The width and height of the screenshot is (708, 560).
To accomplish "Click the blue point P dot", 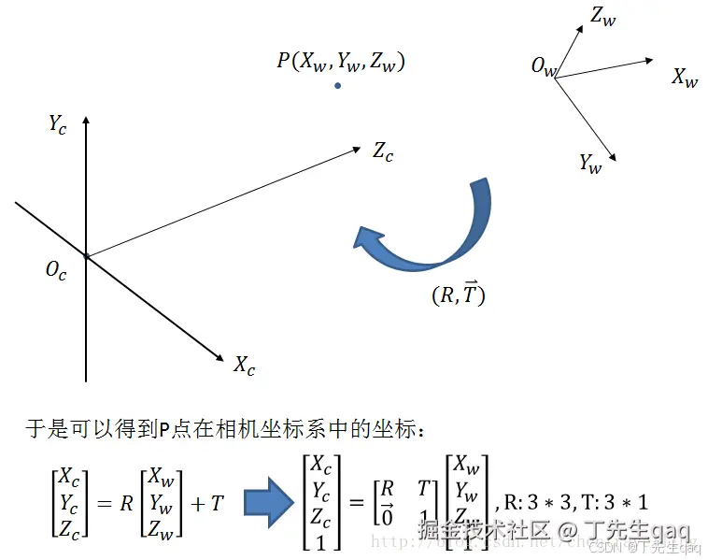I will click(338, 86).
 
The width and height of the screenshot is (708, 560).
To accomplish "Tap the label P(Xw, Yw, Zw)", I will click(340, 62).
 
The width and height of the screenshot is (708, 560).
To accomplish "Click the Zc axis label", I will click(383, 151).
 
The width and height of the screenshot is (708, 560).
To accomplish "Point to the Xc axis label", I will click(245, 365).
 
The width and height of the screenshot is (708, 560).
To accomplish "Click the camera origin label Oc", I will click(56, 271).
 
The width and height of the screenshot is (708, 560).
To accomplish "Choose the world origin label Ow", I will click(544, 66).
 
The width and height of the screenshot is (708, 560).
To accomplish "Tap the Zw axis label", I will click(603, 16).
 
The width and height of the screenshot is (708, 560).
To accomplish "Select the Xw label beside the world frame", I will click(685, 78).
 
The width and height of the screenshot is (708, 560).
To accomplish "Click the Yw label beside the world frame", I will click(590, 164).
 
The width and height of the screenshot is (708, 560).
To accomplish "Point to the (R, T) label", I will click(459, 294).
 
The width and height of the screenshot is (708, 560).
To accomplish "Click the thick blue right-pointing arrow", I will click(272, 502).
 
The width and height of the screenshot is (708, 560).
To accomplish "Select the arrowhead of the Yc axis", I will click(86, 121).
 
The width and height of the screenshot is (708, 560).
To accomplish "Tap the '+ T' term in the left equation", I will click(208, 503).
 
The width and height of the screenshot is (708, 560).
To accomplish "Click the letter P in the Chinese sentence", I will click(163, 431).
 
